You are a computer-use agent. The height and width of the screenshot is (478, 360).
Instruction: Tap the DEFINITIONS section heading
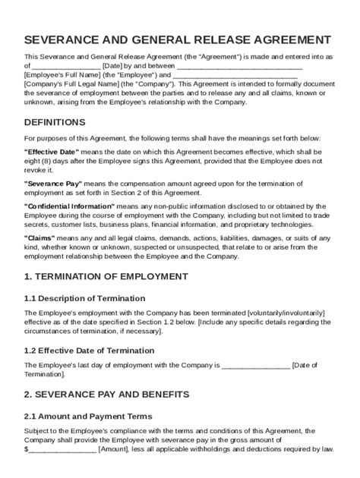(x=55, y=122)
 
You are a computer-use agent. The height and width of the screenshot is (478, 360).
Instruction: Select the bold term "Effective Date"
(x=52, y=152)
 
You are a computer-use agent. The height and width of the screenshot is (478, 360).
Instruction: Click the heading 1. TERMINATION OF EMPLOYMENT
(x=106, y=276)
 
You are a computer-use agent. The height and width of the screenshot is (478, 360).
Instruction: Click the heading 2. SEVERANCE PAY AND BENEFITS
(x=106, y=395)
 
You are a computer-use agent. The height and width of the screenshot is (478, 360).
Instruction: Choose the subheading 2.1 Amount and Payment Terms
(x=87, y=416)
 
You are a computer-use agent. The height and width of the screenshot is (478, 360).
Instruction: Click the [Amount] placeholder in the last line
(x=115, y=449)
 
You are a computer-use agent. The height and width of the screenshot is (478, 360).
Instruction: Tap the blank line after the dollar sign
(x=62, y=449)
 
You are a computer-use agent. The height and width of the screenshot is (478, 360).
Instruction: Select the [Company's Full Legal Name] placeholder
(x=73, y=85)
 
